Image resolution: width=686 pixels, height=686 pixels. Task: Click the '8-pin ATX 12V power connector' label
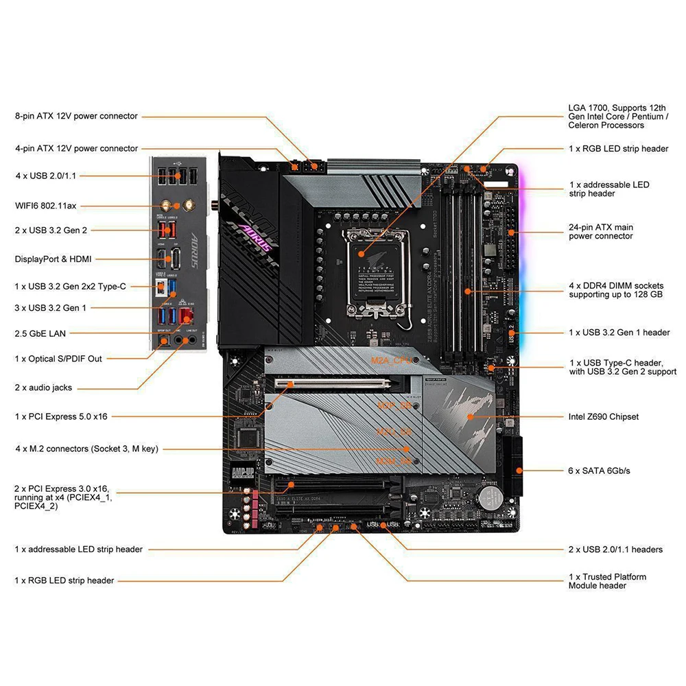tap(76, 116)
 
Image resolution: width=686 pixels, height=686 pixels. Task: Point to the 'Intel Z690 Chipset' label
tap(604, 416)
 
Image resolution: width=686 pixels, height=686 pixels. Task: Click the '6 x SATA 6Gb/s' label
tap(599, 471)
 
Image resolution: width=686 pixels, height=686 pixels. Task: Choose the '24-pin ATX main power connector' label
tap(600, 231)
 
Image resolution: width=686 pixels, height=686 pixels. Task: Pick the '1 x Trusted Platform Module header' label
tap(607, 581)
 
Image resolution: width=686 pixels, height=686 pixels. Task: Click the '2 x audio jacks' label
tap(43, 388)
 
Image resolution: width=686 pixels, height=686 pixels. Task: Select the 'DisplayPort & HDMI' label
tap(53, 259)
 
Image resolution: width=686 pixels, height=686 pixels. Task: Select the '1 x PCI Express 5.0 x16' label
tap(61, 416)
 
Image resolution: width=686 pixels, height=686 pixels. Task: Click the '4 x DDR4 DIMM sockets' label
tap(615, 289)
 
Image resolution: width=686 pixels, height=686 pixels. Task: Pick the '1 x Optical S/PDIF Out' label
tap(58, 358)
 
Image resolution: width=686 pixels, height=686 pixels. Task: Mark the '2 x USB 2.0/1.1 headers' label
tap(615, 549)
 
